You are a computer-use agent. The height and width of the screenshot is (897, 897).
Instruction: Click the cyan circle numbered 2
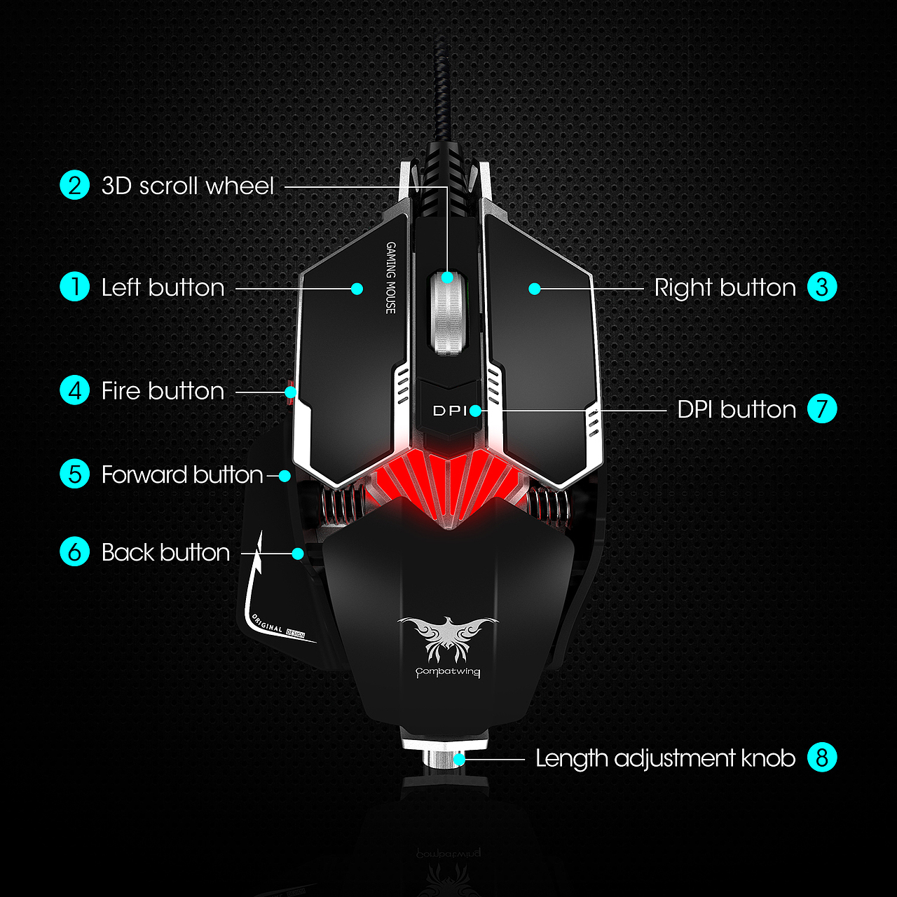[74, 186]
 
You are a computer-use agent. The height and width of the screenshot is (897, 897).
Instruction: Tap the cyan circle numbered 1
[74, 287]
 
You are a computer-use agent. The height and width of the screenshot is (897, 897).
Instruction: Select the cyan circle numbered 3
[822, 287]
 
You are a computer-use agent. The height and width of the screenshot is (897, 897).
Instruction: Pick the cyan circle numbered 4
[74, 390]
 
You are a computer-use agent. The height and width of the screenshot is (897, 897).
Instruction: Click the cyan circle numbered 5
[74, 474]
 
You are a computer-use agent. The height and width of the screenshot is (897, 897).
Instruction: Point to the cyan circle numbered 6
[74, 552]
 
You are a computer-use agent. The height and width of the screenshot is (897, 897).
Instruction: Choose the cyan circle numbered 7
[822, 409]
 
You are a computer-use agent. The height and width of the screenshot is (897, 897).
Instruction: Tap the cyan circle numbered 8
[822, 758]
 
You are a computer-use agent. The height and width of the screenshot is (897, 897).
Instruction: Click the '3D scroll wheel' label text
[188, 186]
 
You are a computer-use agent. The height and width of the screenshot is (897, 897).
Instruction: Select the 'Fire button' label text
[163, 391]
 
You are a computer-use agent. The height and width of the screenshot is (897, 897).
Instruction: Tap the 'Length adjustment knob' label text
[665, 758]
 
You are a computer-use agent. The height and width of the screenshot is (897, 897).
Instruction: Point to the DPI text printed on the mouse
[448, 411]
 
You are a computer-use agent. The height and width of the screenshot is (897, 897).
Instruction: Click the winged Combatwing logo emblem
[448, 638]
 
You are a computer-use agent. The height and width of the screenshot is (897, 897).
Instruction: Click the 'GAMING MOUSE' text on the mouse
[390, 278]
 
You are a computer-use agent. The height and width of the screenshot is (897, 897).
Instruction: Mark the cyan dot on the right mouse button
[535, 289]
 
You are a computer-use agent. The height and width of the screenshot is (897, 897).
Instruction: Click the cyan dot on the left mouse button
[357, 289]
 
